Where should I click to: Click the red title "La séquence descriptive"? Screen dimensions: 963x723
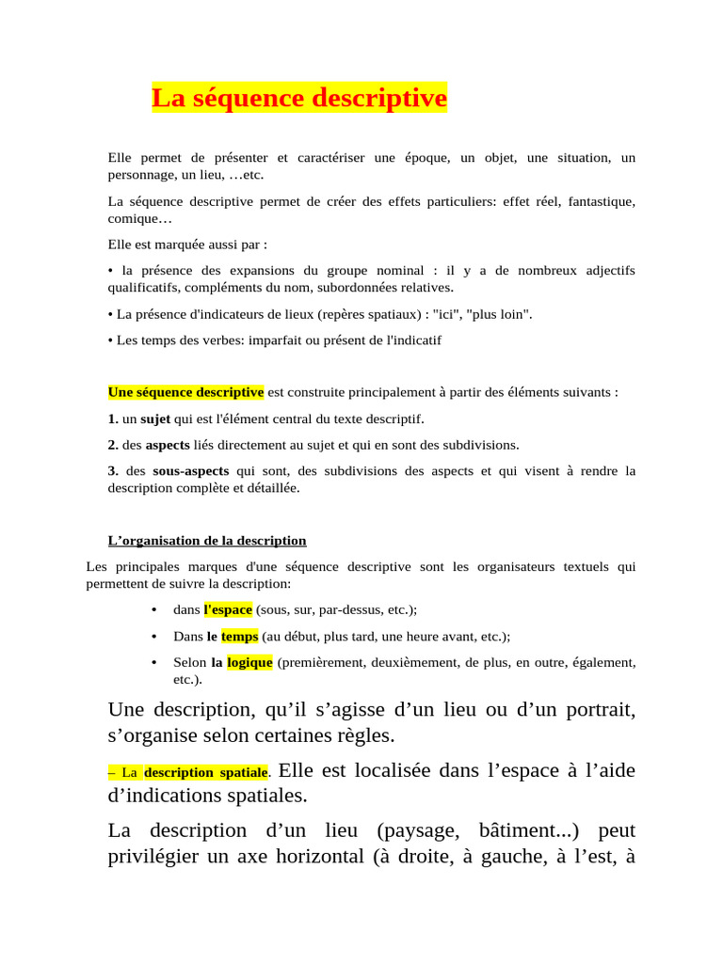click(x=299, y=98)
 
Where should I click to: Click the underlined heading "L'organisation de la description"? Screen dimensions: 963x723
click(x=207, y=541)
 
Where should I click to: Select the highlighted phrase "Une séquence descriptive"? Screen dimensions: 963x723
click(x=185, y=392)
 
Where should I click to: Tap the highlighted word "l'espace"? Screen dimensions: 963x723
click(x=228, y=609)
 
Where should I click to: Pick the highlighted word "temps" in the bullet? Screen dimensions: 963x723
click(x=239, y=636)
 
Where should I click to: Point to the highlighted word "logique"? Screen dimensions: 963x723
click(x=249, y=662)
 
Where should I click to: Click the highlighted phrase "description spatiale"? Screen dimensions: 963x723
click(x=206, y=772)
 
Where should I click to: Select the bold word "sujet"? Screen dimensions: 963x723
click(x=155, y=418)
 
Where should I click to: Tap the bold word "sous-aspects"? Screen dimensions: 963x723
click(x=191, y=471)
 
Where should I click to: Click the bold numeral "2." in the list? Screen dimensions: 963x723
click(x=113, y=445)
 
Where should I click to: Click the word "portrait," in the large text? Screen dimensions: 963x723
click(x=592, y=709)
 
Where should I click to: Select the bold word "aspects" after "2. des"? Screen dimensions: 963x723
click(x=168, y=445)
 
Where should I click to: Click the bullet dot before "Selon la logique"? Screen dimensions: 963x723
click(x=153, y=662)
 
